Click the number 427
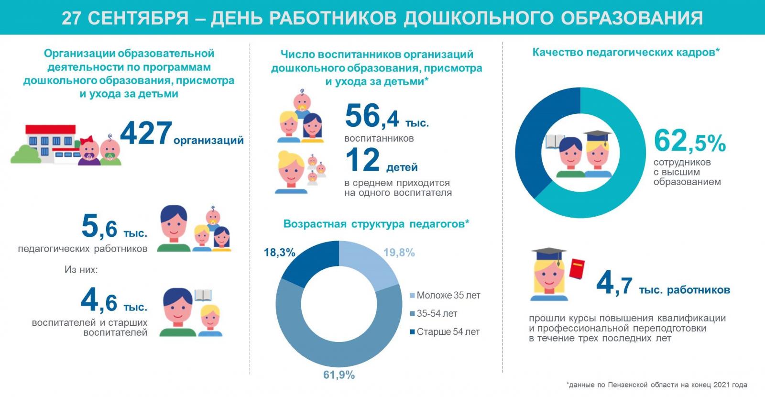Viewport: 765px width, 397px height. point(146,133)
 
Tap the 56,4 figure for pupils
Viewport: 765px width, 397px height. point(372,116)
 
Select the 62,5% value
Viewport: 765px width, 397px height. point(689,141)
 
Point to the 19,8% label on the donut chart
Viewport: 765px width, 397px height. point(399,253)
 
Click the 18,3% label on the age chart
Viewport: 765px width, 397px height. point(280,252)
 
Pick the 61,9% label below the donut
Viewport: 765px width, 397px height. point(339,375)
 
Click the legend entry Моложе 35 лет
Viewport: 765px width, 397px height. point(448,296)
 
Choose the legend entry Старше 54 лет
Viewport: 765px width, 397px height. point(448,332)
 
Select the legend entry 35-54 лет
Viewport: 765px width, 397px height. point(437,314)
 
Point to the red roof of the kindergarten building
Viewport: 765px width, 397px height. point(50,130)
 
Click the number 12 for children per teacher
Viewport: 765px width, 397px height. point(362,160)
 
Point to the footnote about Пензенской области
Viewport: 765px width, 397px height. point(656,385)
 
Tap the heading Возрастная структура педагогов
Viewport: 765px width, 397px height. point(376,224)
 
